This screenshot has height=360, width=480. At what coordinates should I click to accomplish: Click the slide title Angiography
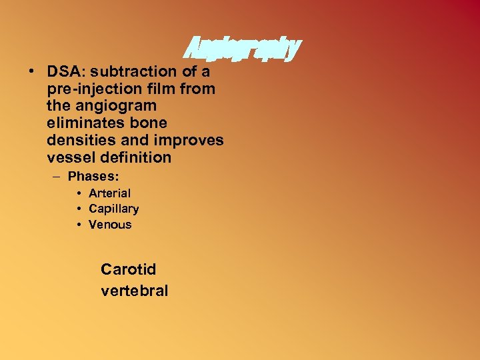click(241, 47)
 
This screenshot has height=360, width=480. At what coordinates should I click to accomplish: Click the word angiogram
click(119, 106)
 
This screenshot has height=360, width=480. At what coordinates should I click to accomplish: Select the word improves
click(191, 141)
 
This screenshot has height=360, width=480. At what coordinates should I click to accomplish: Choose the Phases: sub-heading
click(93, 177)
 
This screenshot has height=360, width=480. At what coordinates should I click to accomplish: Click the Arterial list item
click(109, 193)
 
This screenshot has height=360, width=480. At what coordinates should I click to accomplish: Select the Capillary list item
click(113, 209)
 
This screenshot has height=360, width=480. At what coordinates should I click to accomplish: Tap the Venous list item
click(110, 225)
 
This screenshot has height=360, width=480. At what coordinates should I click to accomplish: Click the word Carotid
click(128, 269)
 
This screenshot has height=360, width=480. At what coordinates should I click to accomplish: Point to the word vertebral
click(134, 291)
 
